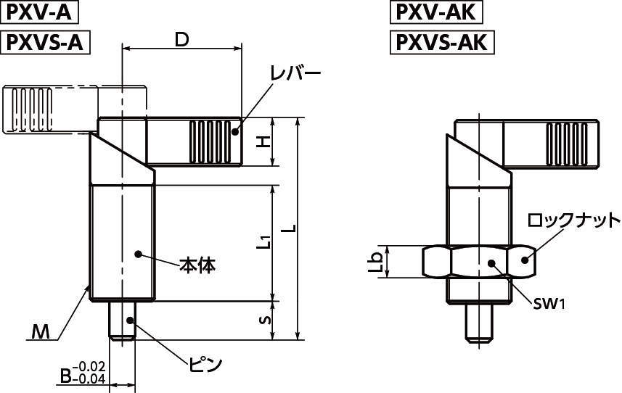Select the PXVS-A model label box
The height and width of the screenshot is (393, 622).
tap(45, 43)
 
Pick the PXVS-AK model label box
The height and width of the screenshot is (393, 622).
tap(441, 43)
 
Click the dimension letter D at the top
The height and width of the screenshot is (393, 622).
tap(181, 40)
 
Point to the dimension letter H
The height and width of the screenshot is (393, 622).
tap(266, 141)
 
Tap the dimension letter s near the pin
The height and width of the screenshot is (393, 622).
tap(266, 319)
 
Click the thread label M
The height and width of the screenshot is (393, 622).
tap(42, 333)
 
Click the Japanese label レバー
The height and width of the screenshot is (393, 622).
tap(294, 74)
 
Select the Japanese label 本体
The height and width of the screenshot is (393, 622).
tap(197, 265)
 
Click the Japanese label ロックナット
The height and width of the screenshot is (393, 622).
tap(573, 220)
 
